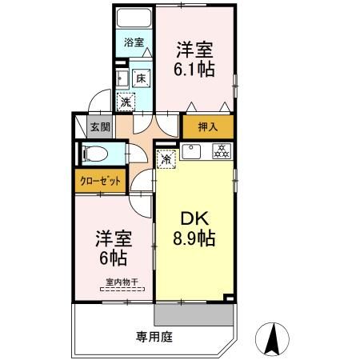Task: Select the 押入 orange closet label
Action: (207, 126)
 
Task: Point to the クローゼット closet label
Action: (101, 181)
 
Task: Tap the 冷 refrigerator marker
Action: (166, 158)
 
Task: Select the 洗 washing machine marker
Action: (126, 102)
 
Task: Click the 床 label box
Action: (140, 78)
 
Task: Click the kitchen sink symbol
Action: (192, 151)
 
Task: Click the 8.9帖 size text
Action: (194, 238)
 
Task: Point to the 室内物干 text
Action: (122, 281)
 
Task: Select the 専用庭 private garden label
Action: (154, 337)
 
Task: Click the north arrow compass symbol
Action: (271, 338)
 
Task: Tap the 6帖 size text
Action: (113, 258)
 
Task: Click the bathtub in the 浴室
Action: (134, 19)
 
